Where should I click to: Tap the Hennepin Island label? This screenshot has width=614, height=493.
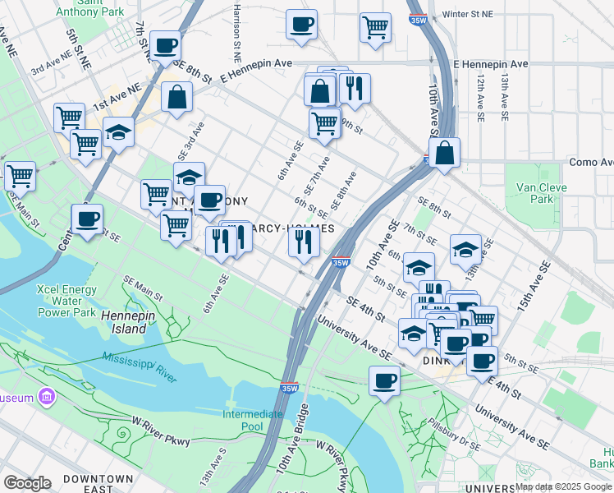pyautogui.click(x=124, y=321)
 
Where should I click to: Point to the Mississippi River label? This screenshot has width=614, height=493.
pyautogui.click(x=140, y=367)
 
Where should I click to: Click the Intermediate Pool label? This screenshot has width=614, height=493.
pyautogui.click(x=254, y=420)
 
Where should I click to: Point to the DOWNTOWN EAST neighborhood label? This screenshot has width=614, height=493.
pyautogui.click(x=98, y=484)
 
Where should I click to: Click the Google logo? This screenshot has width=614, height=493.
pyautogui.click(x=27, y=482)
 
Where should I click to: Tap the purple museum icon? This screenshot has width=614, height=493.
pyautogui.click(x=47, y=399)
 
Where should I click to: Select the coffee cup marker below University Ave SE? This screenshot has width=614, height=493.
pyautogui.click(x=384, y=380)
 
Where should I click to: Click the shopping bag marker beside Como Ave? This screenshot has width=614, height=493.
pyautogui.click(x=444, y=153)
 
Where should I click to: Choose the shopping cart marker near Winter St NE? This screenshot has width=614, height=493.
pyautogui.click(x=375, y=26)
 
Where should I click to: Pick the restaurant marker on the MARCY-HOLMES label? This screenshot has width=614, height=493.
pyautogui.click(x=304, y=241)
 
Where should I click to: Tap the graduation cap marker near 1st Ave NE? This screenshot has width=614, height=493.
pyautogui.click(x=119, y=132)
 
